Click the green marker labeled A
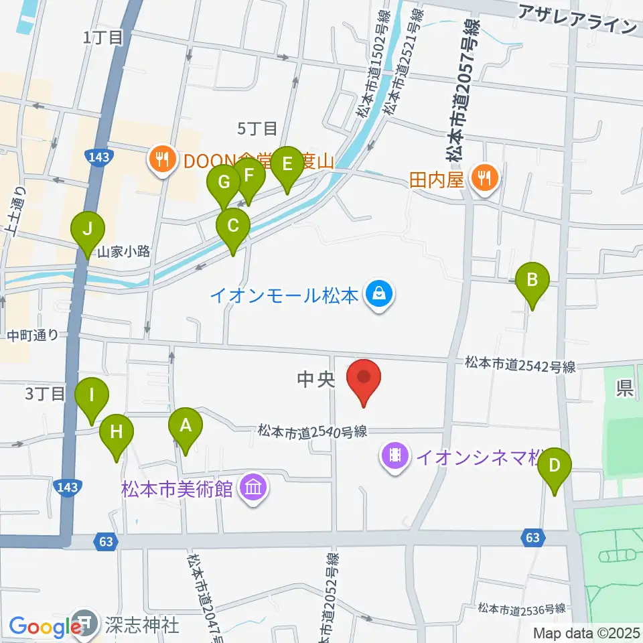[x=185, y=426]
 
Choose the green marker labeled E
[x=287, y=165]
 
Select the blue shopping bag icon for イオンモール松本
[x=379, y=295]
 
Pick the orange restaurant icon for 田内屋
[x=483, y=179]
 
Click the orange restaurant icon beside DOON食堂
[x=161, y=159]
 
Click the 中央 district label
[x=315, y=380]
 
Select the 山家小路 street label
[x=124, y=252]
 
